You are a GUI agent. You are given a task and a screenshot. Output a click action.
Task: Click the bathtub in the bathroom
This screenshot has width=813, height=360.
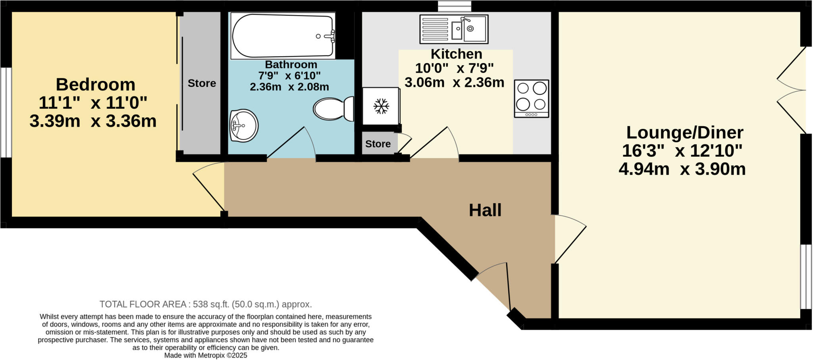(283, 36)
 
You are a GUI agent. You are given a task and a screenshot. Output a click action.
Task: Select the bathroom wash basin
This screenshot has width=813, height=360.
(243, 126)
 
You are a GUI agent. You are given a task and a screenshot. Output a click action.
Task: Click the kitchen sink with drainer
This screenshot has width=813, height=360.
(454, 29)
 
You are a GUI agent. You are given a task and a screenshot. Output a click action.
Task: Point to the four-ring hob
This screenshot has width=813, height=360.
(531, 98)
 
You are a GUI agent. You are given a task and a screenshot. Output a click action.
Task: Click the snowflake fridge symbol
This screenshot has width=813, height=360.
(381, 106)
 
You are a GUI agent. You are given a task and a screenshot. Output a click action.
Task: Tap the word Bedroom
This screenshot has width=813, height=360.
(95, 85)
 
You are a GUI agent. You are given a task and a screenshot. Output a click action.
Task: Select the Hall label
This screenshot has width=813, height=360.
(485, 210)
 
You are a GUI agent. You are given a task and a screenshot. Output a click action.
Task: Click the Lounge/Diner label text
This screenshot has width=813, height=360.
(684, 132)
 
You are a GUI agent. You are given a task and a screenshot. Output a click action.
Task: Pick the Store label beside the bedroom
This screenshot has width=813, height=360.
(202, 83)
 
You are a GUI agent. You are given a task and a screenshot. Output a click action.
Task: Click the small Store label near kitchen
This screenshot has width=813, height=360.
(378, 144)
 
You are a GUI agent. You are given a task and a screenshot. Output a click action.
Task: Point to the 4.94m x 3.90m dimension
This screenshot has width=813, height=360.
(682, 169)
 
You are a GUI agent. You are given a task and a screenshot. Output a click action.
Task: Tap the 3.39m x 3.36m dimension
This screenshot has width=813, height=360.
(93, 121)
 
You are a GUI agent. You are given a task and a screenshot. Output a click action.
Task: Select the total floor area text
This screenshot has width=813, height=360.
(205, 304)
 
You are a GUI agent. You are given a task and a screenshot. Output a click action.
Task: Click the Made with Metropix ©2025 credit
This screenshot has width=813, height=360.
(205, 356)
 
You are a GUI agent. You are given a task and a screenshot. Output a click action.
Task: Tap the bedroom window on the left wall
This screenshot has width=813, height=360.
(6, 112)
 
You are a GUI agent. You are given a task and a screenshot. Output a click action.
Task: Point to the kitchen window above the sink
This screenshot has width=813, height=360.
(454, 6)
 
